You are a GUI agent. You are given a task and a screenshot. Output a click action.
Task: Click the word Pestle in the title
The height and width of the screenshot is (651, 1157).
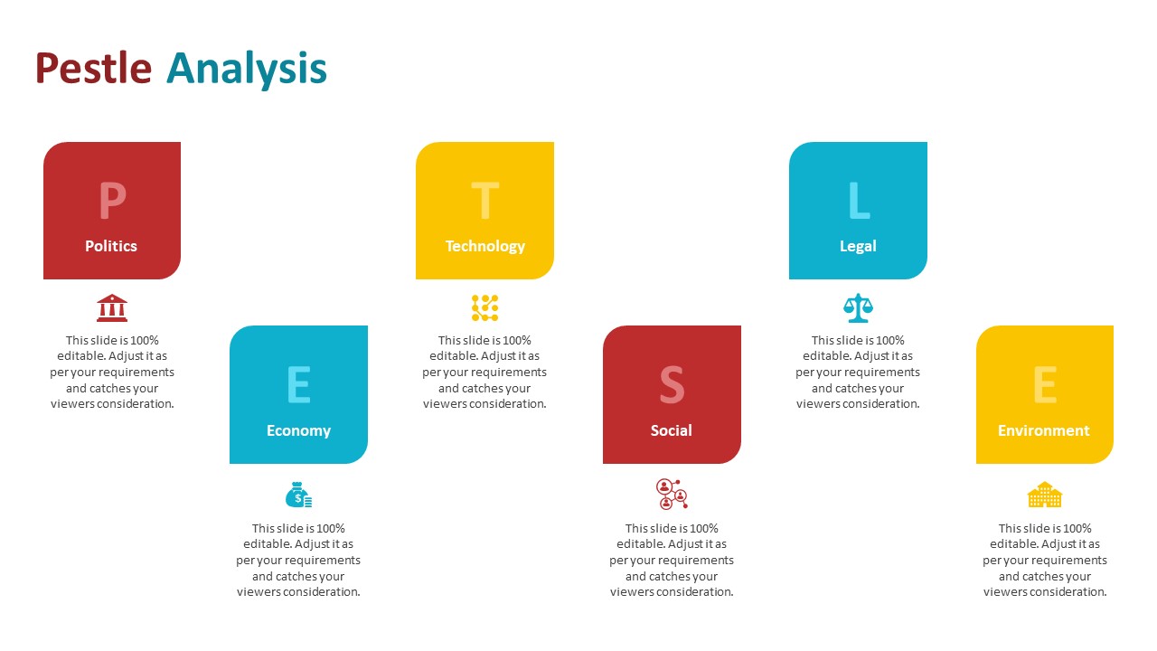click(x=93, y=68)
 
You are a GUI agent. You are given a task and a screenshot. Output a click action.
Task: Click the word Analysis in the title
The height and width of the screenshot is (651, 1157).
click(x=247, y=69)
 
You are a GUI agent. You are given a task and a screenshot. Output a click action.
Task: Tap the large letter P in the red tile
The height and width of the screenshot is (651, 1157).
click(x=112, y=201)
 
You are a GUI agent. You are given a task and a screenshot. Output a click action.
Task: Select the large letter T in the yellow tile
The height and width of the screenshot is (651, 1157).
click(x=485, y=201)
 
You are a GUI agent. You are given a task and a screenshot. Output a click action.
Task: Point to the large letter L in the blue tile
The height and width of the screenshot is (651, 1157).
click(x=859, y=201)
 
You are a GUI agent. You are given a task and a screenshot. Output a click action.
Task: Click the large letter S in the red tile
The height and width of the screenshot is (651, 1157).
click(x=672, y=385)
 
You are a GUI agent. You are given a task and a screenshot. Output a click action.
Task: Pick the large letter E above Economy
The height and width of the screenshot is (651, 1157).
click(x=298, y=385)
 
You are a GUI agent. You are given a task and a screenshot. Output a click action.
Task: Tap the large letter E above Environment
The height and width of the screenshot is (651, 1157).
click(x=1045, y=385)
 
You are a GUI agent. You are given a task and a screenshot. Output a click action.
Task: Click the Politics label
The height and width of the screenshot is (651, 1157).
click(x=111, y=246)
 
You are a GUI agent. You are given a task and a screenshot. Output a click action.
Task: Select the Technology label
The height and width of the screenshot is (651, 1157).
click(x=485, y=247)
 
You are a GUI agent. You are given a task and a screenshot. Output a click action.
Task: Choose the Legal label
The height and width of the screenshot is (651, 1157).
click(x=858, y=247)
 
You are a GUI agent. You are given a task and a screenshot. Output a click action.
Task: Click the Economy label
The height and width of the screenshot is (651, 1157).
click(x=298, y=431)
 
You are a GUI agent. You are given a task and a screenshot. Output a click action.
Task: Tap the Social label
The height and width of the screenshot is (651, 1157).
click(x=671, y=430)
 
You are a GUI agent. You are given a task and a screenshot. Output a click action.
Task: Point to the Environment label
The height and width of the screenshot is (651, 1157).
click(x=1043, y=430)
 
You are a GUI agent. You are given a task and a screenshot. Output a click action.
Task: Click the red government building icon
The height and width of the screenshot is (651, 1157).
click(x=112, y=308)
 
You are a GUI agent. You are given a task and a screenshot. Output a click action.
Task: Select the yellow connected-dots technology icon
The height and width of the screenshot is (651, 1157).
click(x=485, y=308)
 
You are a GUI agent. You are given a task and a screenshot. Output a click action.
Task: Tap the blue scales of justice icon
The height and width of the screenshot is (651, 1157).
click(x=858, y=308)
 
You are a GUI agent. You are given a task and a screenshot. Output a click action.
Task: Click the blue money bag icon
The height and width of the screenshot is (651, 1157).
click(x=298, y=495)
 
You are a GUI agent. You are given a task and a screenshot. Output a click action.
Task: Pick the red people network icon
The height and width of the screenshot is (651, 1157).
click(x=672, y=495)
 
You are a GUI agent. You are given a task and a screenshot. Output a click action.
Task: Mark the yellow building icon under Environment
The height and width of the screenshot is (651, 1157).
click(x=1045, y=495)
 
